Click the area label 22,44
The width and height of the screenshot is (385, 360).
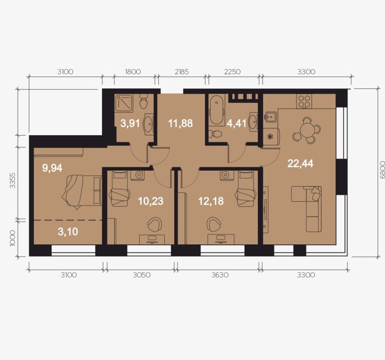pyautogui.click(x=300, y=164)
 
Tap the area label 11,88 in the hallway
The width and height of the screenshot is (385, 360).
pyautogui.click(x=180, y=123)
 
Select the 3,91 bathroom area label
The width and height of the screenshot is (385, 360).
pyautogui.click(x=130, y=123)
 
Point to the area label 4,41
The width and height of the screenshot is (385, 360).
pyautogui.click(x=236, y=123)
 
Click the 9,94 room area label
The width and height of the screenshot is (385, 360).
pyautogui.click(x=52, y=168)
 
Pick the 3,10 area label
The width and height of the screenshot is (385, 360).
pyautogui.click(x=68, y=231)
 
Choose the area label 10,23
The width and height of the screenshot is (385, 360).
pyautogui.click(x=151, y=201)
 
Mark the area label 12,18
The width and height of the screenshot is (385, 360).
pyautogui.click(x=211, y=201)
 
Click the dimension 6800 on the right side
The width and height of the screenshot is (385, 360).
pyautogui.click(x=382, y=170)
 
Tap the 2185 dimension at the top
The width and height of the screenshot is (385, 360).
pyautogui.click(x=181, y=72)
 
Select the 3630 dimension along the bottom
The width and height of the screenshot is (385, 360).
pyautogui.click(x=220, y=275)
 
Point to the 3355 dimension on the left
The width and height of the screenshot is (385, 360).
pyautogui.click(x=12, y=181)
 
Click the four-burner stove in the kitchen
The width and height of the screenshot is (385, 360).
pyautogui.click(x=304, y=101)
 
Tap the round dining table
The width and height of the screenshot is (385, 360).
pyautogui.click(x=307, y=131)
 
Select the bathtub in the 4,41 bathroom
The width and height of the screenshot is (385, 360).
pyautogui.click(x=216, y=111)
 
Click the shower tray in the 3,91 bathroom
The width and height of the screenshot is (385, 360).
pyautogui.click(x=124, y=102)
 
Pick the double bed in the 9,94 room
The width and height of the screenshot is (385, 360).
pyautogui.click(x=82, y=191)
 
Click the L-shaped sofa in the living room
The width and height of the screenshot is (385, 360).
pyautogui.click(x=306, y=209)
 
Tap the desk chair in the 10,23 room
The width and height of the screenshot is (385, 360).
pyautogui.click(x=155, y=224)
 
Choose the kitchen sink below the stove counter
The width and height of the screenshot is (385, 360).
pyautogui.click(x=270, y=117)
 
